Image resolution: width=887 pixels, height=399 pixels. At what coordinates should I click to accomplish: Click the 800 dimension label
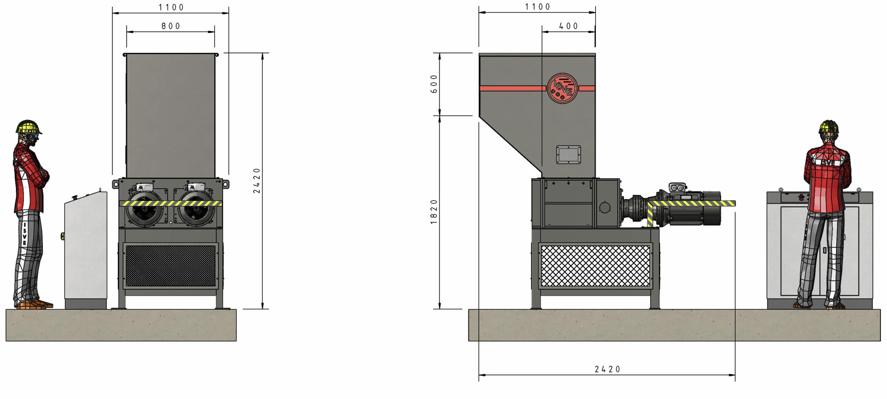click(x=171, y=26)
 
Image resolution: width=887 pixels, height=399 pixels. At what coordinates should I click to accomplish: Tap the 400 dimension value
click(x=569, y=26)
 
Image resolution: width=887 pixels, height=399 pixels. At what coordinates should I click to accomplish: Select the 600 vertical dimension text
click(x=434, y=84)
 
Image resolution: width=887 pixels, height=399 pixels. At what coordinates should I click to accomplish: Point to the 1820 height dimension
click(x=434, y=212)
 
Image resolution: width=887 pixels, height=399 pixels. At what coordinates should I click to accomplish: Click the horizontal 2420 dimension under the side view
click(x=607, y=369)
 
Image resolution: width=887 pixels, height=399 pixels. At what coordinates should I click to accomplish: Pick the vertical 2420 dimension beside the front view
click(x=257, y=181)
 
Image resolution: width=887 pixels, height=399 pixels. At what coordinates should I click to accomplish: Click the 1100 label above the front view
click(x=171, y=8)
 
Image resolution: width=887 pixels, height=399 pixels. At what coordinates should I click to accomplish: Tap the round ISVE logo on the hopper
click(x=562, y=88)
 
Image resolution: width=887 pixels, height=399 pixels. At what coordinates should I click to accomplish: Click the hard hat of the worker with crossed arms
click(x=29, y=127)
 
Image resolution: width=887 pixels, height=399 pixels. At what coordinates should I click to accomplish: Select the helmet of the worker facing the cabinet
click(x=829, y=127)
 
